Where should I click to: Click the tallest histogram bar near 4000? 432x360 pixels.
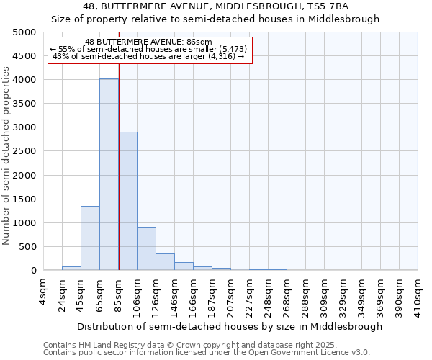[109, 174]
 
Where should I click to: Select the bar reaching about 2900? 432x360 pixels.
[127, 201]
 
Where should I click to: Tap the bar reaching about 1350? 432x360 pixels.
[90, 238]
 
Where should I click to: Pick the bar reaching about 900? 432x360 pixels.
[146, 248]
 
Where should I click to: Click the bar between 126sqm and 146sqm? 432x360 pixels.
[165, 262]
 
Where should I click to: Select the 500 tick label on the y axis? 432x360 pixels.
[28, 247]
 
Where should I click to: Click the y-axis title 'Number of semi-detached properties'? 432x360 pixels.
[7, 156]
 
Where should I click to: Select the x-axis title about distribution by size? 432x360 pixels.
[230, 326]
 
